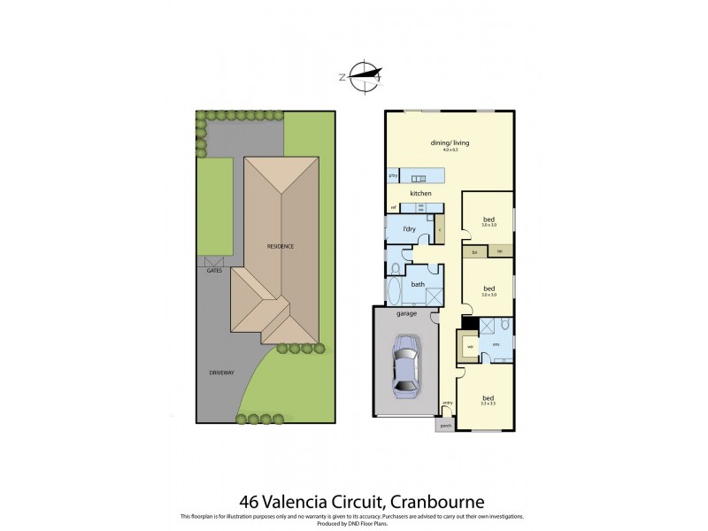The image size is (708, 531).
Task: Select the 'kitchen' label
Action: [x=419, y=192]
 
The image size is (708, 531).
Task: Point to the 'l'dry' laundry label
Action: [x=409, y=230]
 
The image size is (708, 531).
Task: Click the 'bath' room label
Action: [x=418, y=284]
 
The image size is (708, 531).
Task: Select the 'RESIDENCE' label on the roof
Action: [x=281, y=245]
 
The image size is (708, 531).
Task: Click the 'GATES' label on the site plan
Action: [x=214, y=270]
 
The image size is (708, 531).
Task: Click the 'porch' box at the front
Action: [x=443, y=425]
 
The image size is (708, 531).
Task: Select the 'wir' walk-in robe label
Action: [x=469, y=346]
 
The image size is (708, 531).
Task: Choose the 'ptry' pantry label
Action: [x=392, y=175]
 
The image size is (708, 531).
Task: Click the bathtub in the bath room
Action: [x=395, y=291]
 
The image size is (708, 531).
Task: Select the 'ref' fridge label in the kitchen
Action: [x=392, y=208]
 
